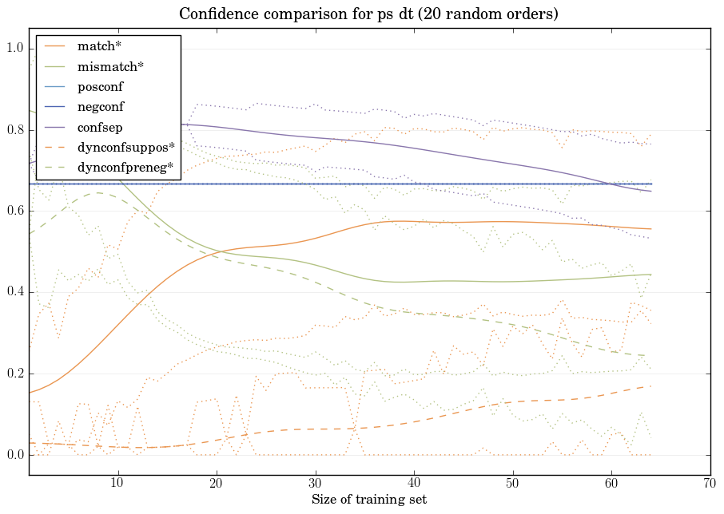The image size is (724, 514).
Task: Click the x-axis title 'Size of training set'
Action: (368, 500)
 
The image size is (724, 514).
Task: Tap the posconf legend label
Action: (100, 86)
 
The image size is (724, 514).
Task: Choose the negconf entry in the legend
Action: (101, 106)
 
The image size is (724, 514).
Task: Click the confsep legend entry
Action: (99, 127)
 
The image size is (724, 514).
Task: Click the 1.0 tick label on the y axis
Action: (15, 49)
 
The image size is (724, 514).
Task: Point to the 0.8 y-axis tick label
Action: (15, 130)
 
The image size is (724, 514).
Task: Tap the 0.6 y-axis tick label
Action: (15, 212)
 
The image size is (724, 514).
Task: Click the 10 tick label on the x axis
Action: (117, 484)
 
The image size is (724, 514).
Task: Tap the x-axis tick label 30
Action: (315, 484)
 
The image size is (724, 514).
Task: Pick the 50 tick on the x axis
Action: (512, 484)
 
